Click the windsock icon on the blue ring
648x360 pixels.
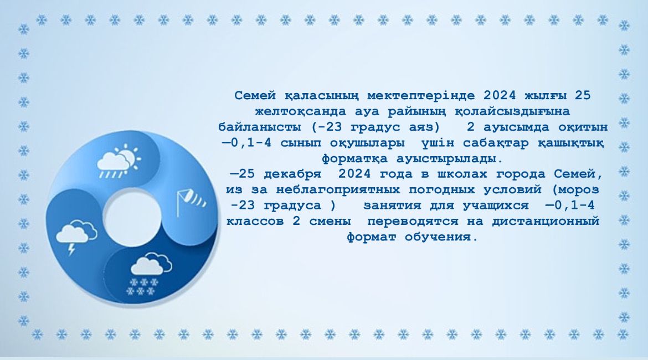point(191,201)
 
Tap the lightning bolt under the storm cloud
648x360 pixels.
point(71,249)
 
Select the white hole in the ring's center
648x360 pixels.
point(132,218)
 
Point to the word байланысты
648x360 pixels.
point(260,127)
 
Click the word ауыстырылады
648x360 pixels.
point(450,159)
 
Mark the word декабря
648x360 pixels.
point(292,174)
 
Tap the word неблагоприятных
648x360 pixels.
point(338,190)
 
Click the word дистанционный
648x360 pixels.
point(546,221)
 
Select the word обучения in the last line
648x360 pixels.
point(441,237)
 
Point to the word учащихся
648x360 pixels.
point(496,205)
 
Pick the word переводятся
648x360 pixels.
point(413,221)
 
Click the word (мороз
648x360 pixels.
point(575,190)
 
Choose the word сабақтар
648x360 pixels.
point(496,143)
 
